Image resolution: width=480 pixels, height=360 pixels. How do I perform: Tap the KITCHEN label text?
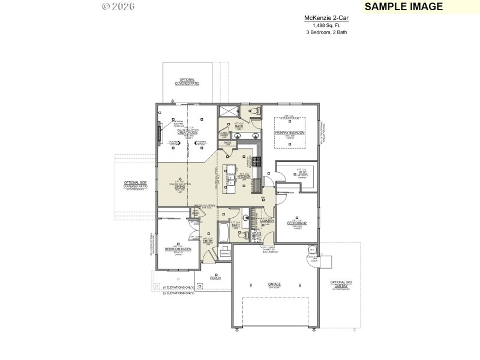pos(244,177)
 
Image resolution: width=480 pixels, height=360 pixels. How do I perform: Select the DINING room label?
pos(179,187)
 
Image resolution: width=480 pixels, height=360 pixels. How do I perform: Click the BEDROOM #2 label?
pos(297,223)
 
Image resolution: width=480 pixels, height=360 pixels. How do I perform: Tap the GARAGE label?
pos(275,284)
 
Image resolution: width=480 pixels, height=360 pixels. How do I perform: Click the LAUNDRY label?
pos(268,221)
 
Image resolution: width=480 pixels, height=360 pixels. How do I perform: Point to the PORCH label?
pos(215,278)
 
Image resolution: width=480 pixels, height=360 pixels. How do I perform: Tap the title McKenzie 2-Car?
pos(326,19)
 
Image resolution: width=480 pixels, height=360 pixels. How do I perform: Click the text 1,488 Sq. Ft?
pos(326,25)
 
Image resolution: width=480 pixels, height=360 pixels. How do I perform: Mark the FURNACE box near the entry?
pos(225,254)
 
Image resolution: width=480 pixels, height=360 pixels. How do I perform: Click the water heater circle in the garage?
pos(312,250)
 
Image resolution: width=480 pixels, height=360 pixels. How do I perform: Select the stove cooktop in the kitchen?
pos(257,161)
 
